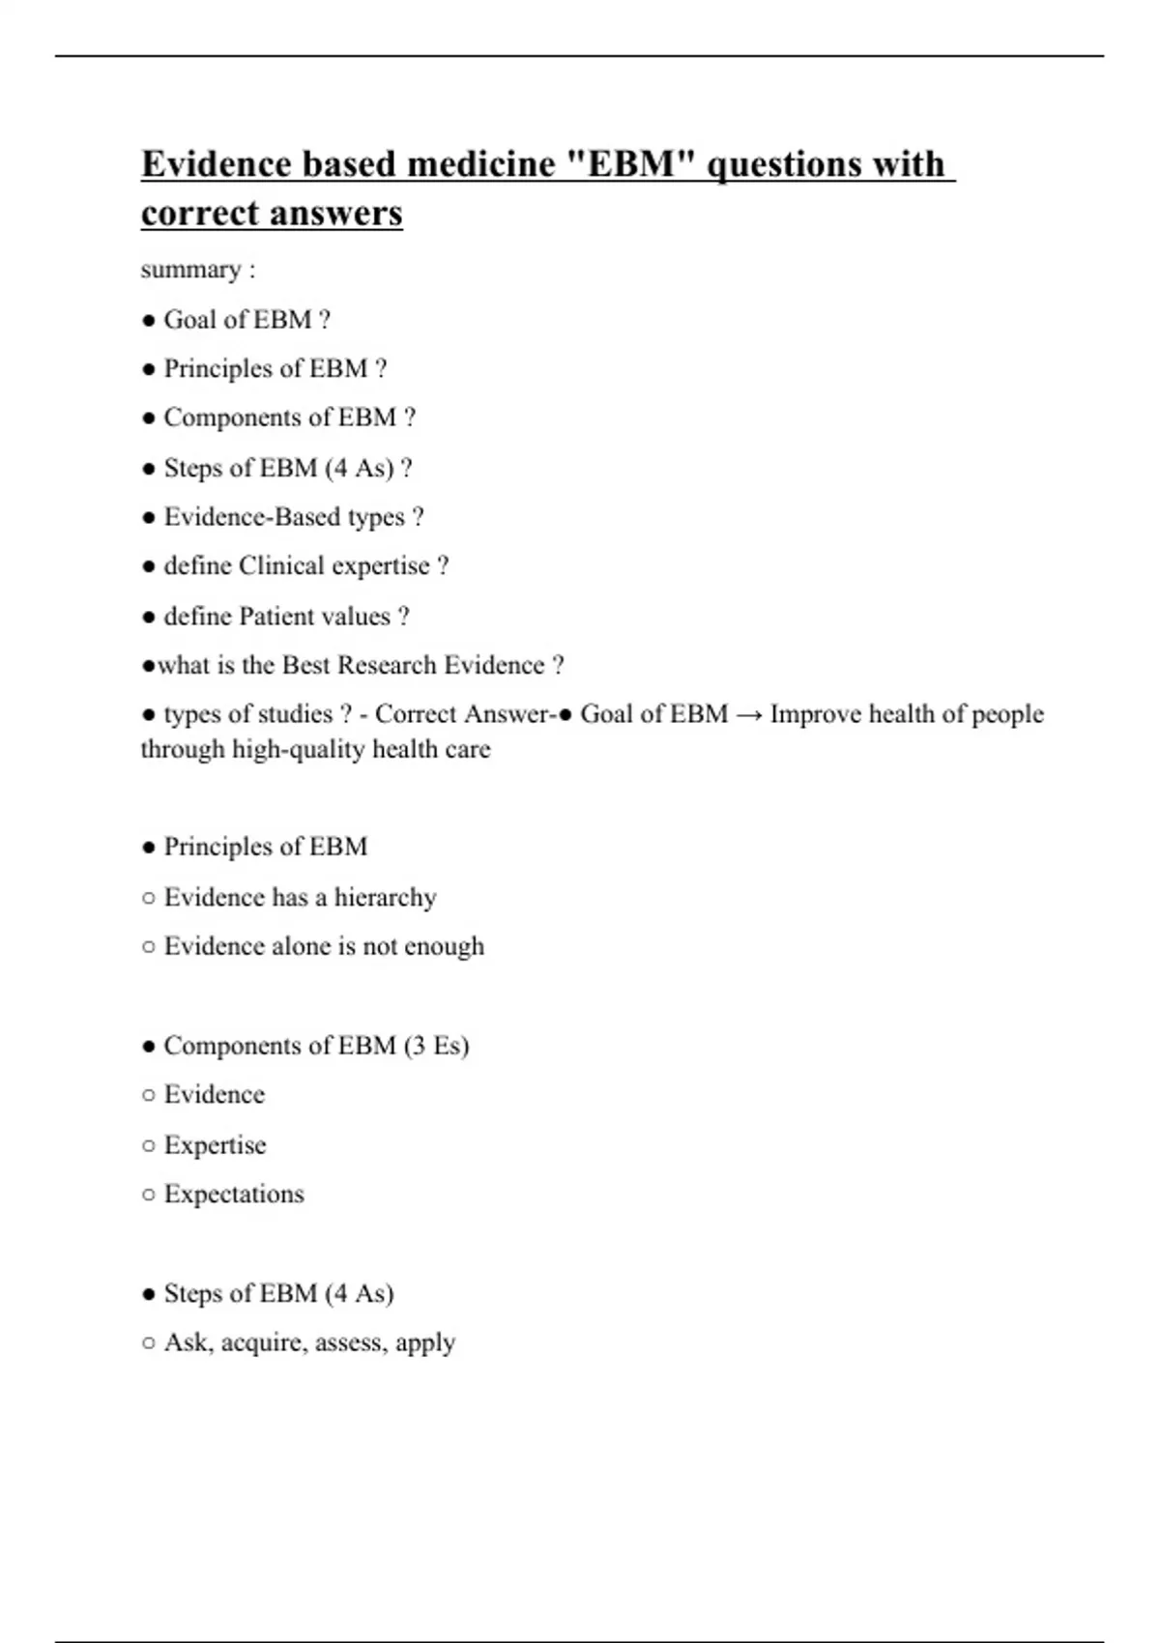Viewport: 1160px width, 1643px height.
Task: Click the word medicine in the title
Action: pyautogui.click(x=481, y=164)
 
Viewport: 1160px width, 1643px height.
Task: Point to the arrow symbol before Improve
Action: pyautogui.click(x=748, y=714)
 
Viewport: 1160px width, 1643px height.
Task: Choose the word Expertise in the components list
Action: pyautogui.click(x=215, y=1145)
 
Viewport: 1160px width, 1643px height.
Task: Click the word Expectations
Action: pyautogui.click(x=234, y=1195)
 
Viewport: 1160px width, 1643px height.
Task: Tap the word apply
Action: pyautogui.click(x=425, y=1343)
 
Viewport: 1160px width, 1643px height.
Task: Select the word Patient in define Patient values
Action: pyautogui.click(x=274, y=617)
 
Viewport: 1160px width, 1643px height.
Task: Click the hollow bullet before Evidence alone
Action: pyautogui.click(x=148, y=947)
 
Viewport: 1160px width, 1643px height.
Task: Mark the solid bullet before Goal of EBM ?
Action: pyautogui.click(x=148, y=321)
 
